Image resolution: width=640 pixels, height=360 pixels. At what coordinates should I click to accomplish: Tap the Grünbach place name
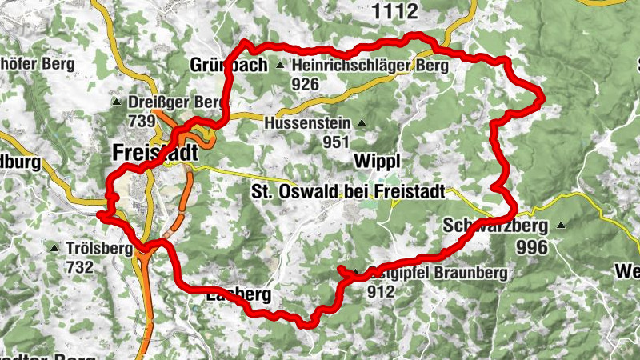228,66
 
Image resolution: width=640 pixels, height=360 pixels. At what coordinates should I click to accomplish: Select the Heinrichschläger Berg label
370,66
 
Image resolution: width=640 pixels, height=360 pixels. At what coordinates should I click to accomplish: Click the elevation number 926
305,84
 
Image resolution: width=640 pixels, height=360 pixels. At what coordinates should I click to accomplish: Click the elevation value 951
337,142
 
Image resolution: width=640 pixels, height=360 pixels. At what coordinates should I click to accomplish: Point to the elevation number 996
532,247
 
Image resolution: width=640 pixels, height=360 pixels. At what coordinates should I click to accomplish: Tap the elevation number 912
382,292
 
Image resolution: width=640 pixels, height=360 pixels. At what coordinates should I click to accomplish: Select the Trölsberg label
100,249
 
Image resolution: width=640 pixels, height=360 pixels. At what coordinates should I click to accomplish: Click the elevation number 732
80,268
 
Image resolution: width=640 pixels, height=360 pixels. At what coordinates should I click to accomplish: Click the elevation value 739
141,121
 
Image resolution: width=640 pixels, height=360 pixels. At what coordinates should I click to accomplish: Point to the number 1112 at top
396,10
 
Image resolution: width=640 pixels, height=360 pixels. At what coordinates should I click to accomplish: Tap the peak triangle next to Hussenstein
362,123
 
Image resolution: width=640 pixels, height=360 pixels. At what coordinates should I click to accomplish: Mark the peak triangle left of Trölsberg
54,249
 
